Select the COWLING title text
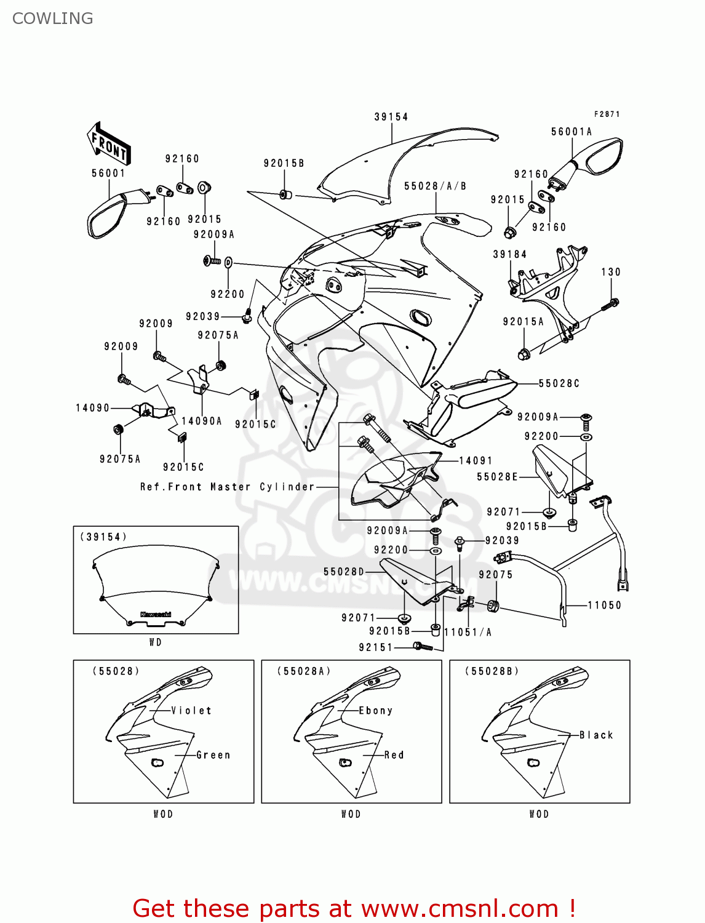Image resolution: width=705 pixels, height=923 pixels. click(x=53, y=18)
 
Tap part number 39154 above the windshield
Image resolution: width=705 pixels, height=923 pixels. click(x=391, y=117)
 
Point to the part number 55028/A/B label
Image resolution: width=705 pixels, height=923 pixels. click(x=435, y=186)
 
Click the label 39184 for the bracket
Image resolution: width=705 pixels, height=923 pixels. click(x=510, y=254)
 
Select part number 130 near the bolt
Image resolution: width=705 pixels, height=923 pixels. click(x=611, y=272)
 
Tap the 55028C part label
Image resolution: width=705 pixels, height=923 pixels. click(x=559, y=383)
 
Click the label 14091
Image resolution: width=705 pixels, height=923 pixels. click(x=476, y=460)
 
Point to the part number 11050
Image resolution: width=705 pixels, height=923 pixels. click(x=605, y=605)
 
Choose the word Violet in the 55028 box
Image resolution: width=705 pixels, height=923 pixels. click(x=191, y=711)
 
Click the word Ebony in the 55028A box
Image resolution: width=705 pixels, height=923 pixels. click(x=375, y=711)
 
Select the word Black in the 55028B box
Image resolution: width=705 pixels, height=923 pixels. click(x=596, y=735)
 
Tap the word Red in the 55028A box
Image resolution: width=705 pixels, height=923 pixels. click(x=394, y=755)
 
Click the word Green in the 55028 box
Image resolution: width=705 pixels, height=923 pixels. click(x=213, y=755)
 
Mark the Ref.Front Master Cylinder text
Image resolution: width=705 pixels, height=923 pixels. click(x=228, y=487)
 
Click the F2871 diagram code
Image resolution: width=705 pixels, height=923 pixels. click(x=607, y=114)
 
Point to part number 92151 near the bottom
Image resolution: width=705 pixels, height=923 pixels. click(x=376, y=647)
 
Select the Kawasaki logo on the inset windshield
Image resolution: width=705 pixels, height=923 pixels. click(x=156, y=614)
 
